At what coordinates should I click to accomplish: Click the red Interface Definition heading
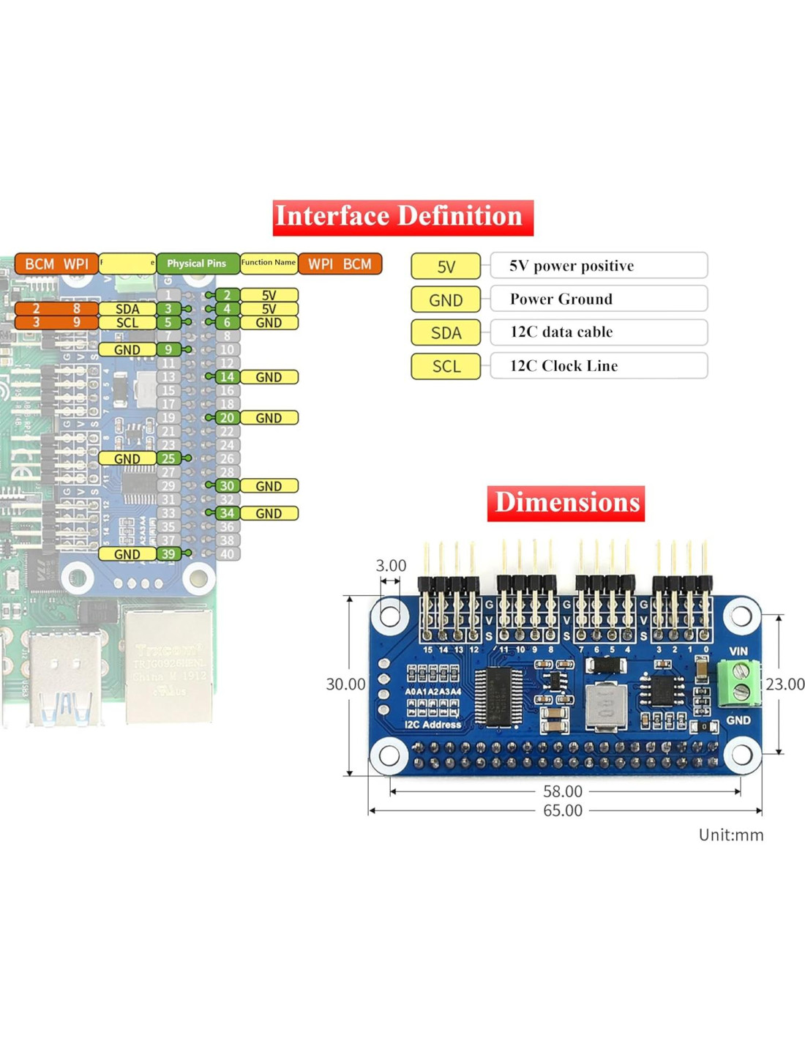pos(402,217)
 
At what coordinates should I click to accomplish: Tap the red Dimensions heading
pos(566,503)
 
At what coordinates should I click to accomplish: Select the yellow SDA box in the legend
pos(446,333)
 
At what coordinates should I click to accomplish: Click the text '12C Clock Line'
pos(563,366)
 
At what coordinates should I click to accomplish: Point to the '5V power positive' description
pos(572,266)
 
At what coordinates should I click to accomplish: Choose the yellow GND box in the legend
pos(446,300)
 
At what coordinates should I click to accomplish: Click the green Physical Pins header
pos(197,264)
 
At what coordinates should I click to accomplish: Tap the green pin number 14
pos(227,377)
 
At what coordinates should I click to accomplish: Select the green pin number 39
pos(168,554)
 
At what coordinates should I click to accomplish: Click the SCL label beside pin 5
pos(127,323)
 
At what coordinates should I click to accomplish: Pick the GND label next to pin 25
pos(127,459)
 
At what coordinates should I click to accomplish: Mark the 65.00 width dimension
pos(563,811)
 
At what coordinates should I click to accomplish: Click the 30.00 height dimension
pos(345,684)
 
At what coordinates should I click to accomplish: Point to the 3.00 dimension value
pos(391,566)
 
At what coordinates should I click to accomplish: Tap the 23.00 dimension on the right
pos(785,684)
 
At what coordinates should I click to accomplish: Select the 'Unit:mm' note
pos(730,835)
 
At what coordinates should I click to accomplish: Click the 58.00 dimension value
pos(563,791)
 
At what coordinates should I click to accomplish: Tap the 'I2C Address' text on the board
pos(433,725)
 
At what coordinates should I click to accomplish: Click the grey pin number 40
pos(227,554)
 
